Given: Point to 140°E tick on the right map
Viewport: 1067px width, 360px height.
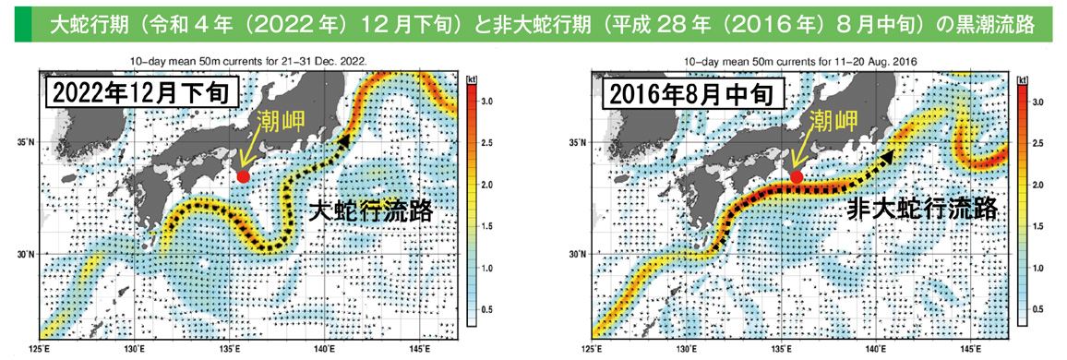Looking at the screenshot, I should coord(875,350).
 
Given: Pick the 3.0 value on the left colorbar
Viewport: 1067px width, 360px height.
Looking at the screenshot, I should coord(488,99).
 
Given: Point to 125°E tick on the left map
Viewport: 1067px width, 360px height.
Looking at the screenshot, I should coord(42,350).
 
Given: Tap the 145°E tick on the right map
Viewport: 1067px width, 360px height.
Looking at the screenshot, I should coord(970,350).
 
